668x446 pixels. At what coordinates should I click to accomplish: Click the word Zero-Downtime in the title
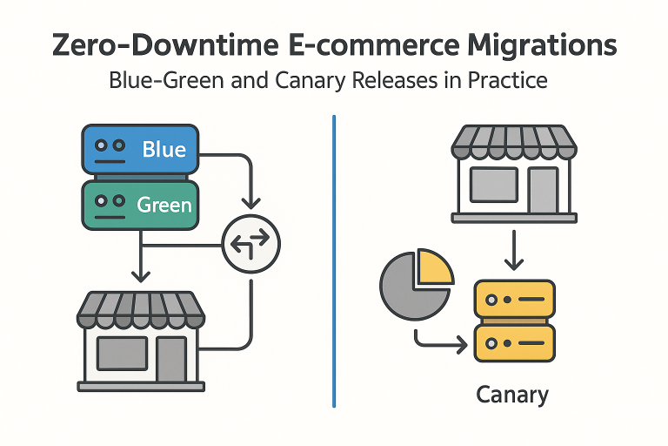[x=165, y=44]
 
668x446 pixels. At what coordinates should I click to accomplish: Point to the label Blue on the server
[x=164, y=149]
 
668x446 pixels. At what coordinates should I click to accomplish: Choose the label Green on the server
[x=164, y=205]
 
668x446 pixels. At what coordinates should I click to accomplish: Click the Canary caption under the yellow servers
[x=512, y=395]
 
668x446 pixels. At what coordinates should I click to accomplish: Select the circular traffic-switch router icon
[x=251, y=244]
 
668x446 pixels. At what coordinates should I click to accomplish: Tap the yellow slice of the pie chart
[x=435, y=267]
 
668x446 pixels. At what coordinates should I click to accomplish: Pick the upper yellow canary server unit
[x=514, y=299]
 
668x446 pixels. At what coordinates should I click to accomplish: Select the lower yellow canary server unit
[x=514, y=343]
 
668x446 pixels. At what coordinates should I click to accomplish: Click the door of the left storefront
[x=171, y=359]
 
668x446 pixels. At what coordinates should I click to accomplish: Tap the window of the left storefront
[x=123, y=354]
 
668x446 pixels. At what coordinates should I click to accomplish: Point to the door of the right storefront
[x=543, y=190]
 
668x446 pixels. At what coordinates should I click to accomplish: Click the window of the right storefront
[x=494, y=185]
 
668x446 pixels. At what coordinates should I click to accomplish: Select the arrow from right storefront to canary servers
[x=514, y=251]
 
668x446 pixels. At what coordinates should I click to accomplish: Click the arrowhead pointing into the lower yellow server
[x=463, y=344]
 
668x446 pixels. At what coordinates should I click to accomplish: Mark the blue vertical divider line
[x=334, y=261]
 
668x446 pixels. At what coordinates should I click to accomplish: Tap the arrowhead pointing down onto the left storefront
[x=141, y=276]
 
